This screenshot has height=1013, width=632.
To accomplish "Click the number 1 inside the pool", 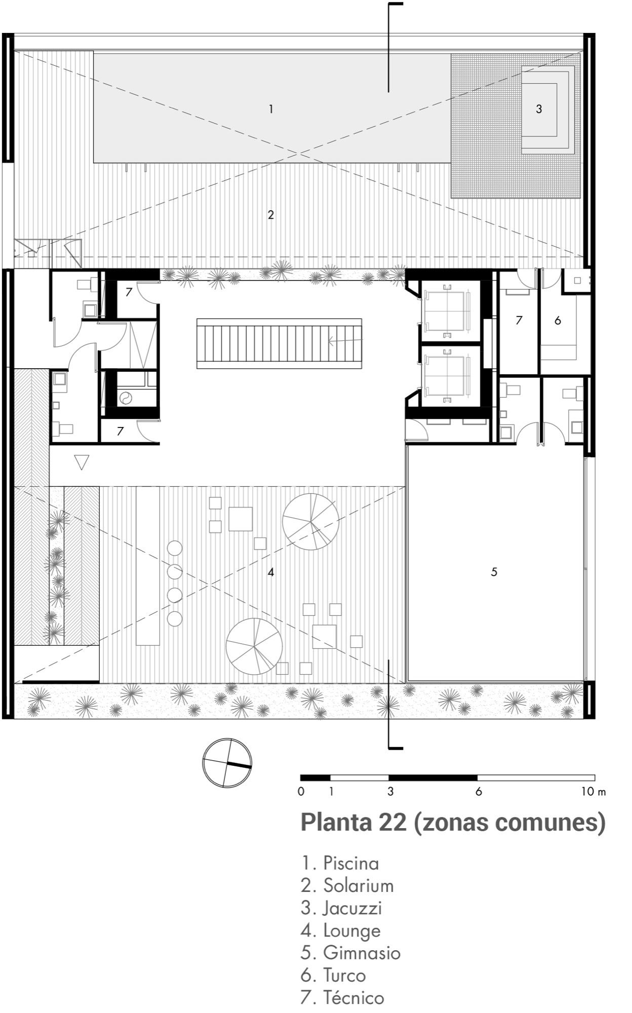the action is pyautogui.click(x=271, y=109).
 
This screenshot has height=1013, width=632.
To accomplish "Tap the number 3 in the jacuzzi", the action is pyautogui.click(x=539, y=109).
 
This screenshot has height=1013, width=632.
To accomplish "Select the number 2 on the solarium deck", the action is pyautogui.click(x=271, y=215).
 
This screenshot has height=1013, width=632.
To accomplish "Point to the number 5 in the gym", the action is pyautogui.click(x=494, y=572).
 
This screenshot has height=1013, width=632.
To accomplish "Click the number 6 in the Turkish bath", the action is pyautogui.click(x=558, y=320).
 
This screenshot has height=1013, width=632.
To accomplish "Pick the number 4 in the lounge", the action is pyautogui.click(x=271, y=572).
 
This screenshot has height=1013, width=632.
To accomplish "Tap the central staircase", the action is pyautogui.click(x=279, y=343).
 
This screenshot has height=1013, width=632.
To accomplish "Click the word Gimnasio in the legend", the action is pyautogui.click(x=362, y=953).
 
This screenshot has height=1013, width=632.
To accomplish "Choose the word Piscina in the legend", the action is pyautogui.click(x=351, y=863).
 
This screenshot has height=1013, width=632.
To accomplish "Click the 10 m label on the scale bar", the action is pyautogui.click(x=594, y=792).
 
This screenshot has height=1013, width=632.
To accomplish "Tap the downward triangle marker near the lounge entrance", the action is pyautogui.click(x=82, y=462).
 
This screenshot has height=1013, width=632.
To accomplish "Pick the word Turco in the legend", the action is pyautogui.click(x=344, y=975).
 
